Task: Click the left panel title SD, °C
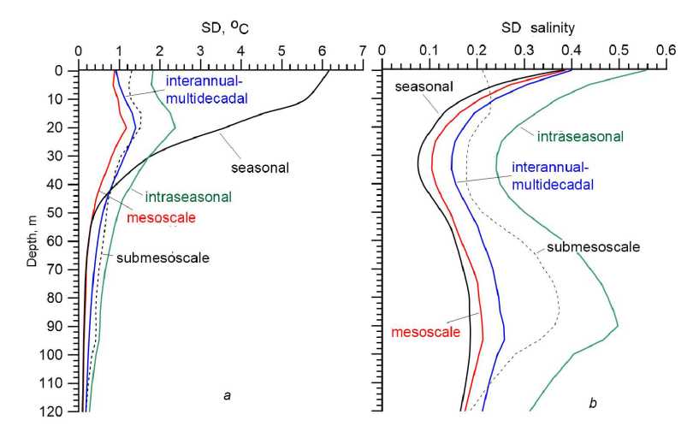[x=220, y=28]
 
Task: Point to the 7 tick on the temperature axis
[x=363, y=50]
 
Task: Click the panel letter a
[x=226, y=395]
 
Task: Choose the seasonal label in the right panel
[x=423, y=85]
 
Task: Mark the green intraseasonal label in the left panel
[x=188, y=197]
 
